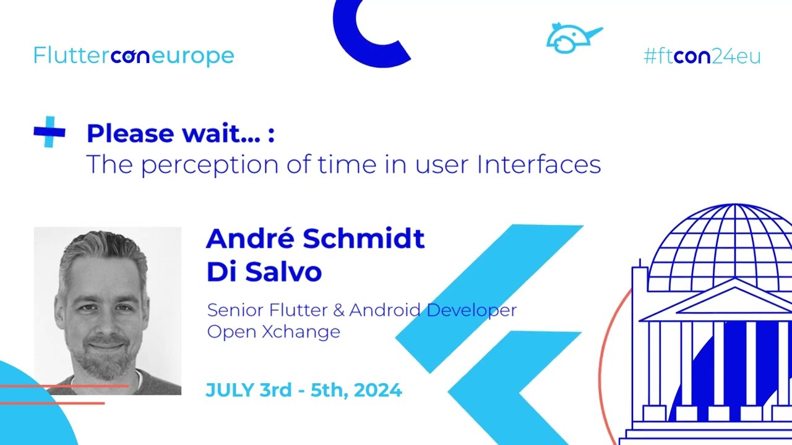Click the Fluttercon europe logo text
click(134, 56)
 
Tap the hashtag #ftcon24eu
click(702, 57)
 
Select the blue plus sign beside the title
click(49, 132)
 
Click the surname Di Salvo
click(264, 272)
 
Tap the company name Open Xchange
click(273, 331)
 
